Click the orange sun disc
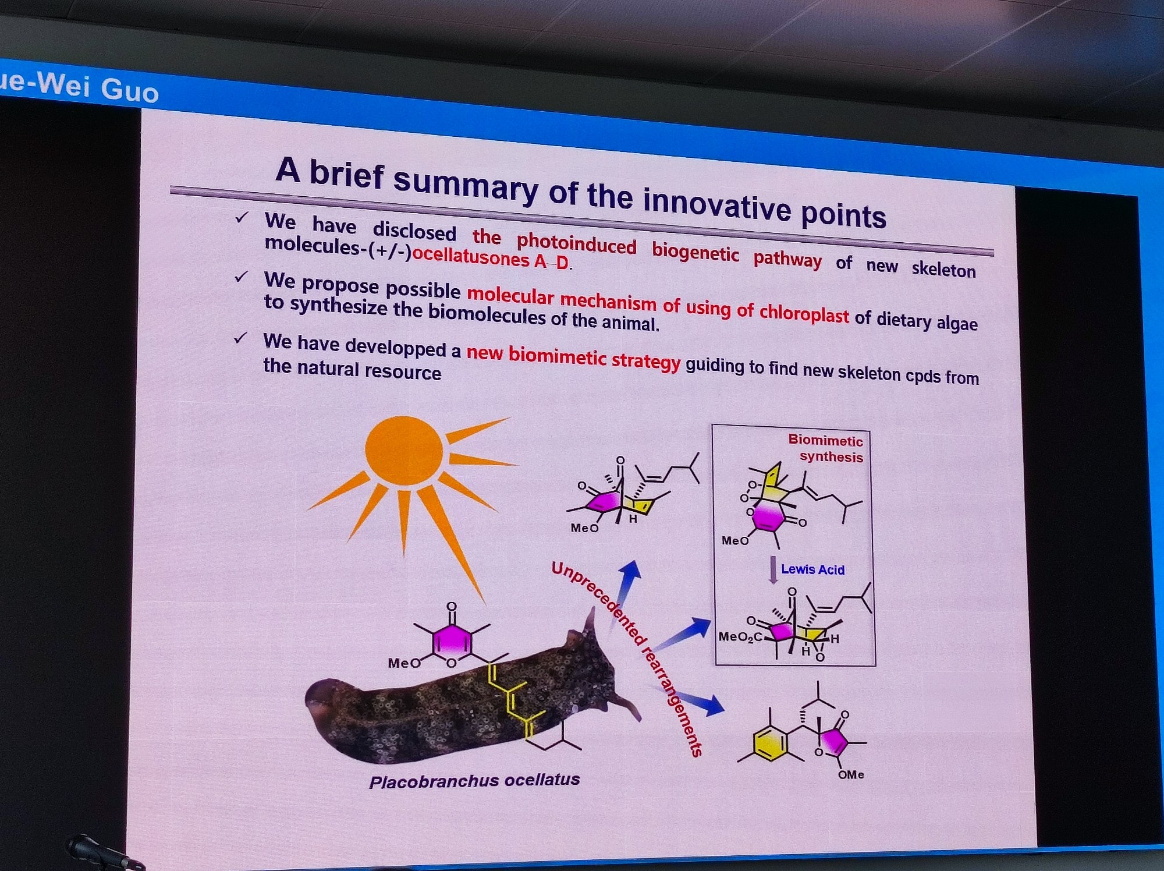pos(404,450)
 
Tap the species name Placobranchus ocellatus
pos(474,781)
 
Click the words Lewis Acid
pos(812,569)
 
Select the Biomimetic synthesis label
pos(826,448)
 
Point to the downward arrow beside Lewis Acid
pos(773,570)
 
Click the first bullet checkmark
pos(242,218)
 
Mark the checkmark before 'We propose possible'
pos(241,277)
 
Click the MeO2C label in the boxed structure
pos(740,637)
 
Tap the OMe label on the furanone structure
pos(851,775)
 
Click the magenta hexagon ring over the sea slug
pos(452,641)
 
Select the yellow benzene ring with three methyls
pos(770,743)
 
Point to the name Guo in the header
pos(129,90)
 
